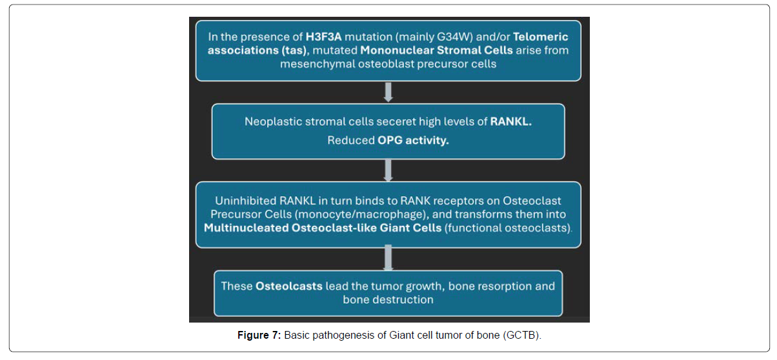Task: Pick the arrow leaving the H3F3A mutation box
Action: pos(388,92)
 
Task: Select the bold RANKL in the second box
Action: pos(511,122)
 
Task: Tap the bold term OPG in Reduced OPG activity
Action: pos(390,140)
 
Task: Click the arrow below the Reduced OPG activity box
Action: pos(388,170)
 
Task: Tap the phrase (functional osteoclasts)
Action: pos(508,228)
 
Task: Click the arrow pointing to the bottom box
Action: pos(388,257)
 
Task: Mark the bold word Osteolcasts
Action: pos(289,286)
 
